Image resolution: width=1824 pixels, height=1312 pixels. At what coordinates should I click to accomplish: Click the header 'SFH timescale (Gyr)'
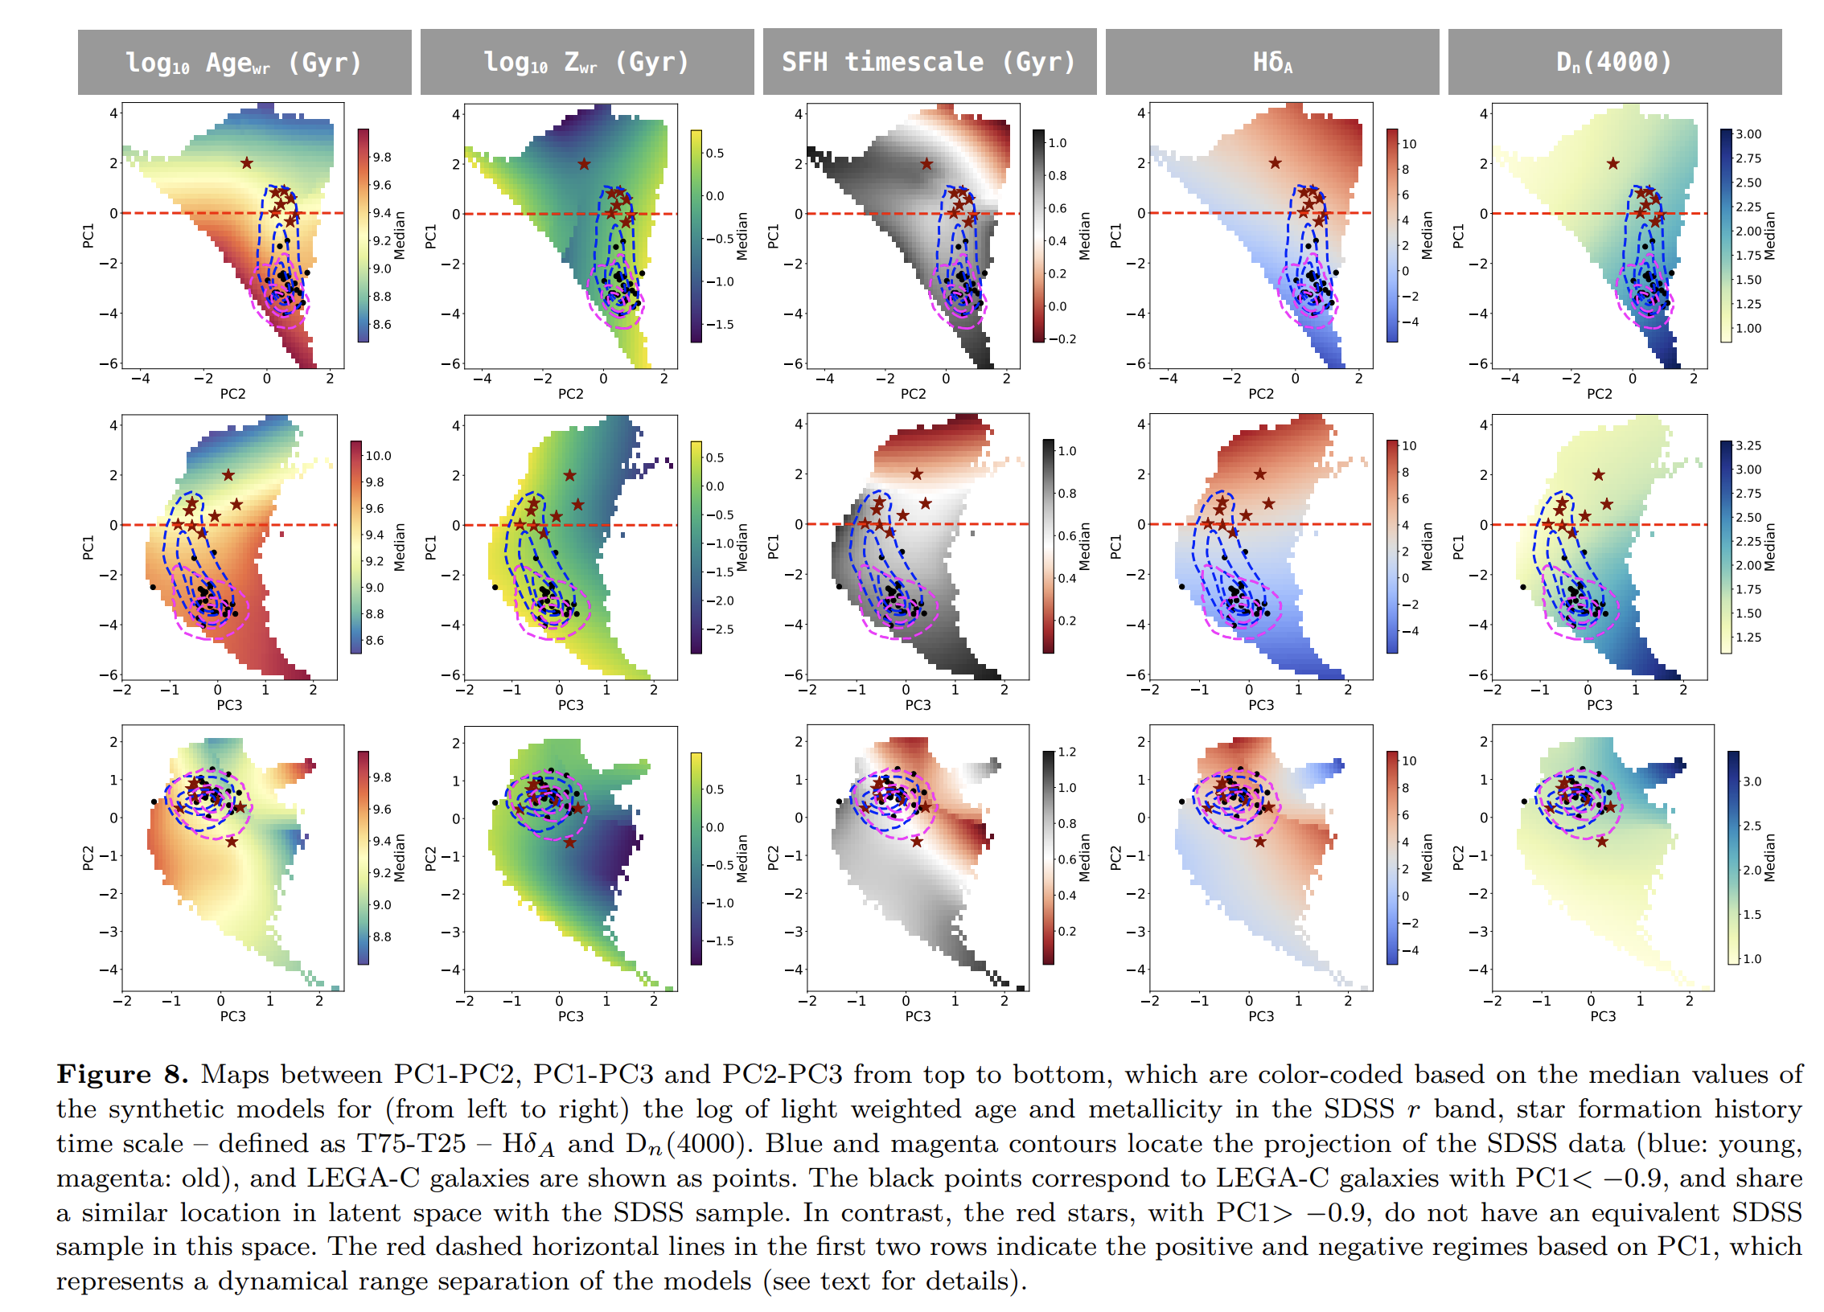(928, 62)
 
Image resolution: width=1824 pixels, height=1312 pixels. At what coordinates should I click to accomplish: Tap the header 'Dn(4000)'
(1614, 62)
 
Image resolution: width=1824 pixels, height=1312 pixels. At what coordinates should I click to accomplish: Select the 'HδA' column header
(1272, 62)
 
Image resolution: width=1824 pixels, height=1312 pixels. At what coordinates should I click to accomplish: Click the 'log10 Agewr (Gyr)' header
(244, 63)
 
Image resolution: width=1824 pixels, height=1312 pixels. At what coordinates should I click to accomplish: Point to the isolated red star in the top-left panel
(247, 163)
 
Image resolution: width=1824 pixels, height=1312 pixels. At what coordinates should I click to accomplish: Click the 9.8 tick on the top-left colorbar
(382, 157)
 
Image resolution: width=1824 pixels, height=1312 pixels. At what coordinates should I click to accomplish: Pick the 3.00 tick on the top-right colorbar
(1748, 134)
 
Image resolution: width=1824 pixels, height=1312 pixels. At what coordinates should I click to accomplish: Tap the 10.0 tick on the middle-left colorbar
(378, 455)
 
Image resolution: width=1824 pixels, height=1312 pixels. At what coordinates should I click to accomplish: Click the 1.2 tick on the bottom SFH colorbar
(1067, 752)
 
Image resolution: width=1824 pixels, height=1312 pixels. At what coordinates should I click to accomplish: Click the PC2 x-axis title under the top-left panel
(232, 393)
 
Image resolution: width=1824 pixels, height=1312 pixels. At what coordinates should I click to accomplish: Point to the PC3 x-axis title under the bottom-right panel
(1603, 1015)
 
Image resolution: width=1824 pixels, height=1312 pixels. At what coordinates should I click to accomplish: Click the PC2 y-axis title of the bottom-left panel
(88, 858)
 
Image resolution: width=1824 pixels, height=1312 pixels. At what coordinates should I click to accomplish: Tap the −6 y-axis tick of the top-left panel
(108, 363)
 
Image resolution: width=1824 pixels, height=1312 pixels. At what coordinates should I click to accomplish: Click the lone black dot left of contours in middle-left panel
(153, 587)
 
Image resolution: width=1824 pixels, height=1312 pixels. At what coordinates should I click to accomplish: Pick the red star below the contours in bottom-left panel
(232, 842)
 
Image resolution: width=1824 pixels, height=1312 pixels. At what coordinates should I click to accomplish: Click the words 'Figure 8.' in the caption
(122, 1074)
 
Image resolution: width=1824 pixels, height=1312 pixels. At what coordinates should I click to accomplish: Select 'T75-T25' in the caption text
(411, 1143)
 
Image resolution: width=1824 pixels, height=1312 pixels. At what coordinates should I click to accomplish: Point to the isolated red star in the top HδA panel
(1276, 163)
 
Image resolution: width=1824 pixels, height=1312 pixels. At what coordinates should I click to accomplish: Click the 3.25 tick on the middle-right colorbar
(1748, 445)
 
